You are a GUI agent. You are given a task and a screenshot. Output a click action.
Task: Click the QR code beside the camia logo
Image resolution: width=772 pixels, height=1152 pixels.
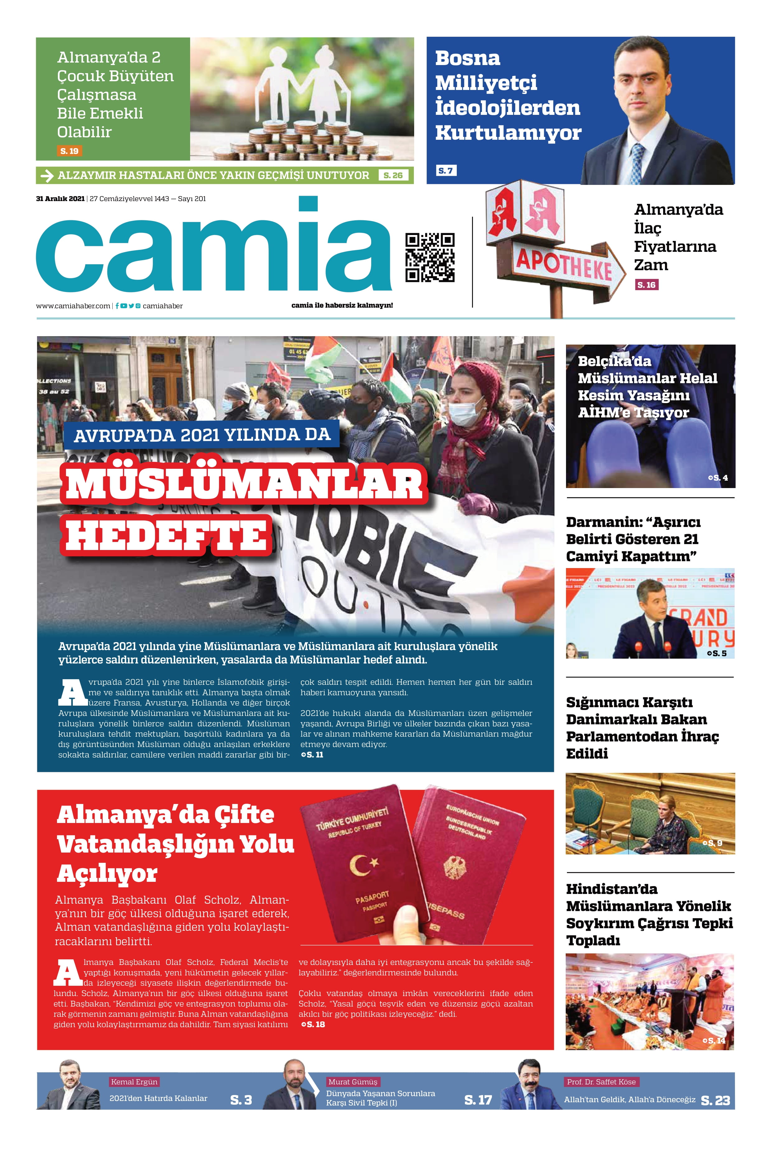[x=429, y=257]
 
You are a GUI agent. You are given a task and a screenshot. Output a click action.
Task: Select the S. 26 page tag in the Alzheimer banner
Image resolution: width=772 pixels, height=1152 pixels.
[x=393, y=175]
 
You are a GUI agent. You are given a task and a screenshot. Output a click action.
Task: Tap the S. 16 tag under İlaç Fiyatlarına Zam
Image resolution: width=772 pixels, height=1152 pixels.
[x=647, y=285]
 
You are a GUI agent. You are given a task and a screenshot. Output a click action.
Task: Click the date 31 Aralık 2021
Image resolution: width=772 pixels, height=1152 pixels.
[x=60, y=199]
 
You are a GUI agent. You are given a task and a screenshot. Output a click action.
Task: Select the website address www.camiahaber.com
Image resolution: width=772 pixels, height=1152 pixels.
[x=73, y=306]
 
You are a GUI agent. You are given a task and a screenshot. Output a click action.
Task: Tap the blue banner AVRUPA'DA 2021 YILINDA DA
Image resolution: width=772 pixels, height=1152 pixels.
[x=202, y=435]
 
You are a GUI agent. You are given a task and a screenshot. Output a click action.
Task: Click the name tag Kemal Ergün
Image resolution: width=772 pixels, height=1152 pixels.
[x=134, y=1082]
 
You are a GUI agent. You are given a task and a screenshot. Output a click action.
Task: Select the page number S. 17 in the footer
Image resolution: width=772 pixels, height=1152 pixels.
[x=478, y=1100]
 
